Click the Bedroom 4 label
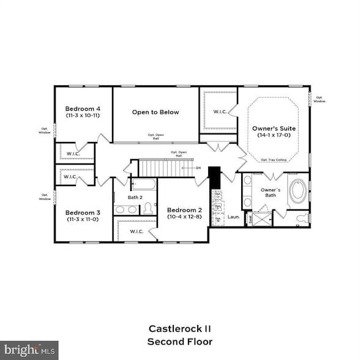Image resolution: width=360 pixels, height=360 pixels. click(83, 109)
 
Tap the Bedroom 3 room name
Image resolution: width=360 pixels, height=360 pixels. click(83, 212)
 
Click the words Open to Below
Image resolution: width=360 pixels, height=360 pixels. click(156, 112)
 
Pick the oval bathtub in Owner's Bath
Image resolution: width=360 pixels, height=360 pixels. click(298, 191)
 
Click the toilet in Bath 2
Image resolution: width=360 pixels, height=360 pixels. click(148, 209)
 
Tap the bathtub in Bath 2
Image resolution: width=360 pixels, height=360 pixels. click(143, 184)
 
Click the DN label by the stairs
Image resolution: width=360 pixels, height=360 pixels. click(198, 167)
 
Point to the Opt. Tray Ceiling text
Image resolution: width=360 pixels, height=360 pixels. click(273, 160)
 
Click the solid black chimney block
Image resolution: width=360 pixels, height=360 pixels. click(214, 178)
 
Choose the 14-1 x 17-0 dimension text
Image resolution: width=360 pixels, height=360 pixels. click(273, 135)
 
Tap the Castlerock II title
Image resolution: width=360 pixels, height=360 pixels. click(179, 328)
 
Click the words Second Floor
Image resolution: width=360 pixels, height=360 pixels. click(179, 341)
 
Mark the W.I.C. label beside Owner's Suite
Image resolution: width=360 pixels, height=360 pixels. click(220, 112)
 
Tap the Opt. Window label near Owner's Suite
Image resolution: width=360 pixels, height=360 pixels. click(320, 99)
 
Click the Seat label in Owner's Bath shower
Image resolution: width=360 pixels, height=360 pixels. click(250, 217)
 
